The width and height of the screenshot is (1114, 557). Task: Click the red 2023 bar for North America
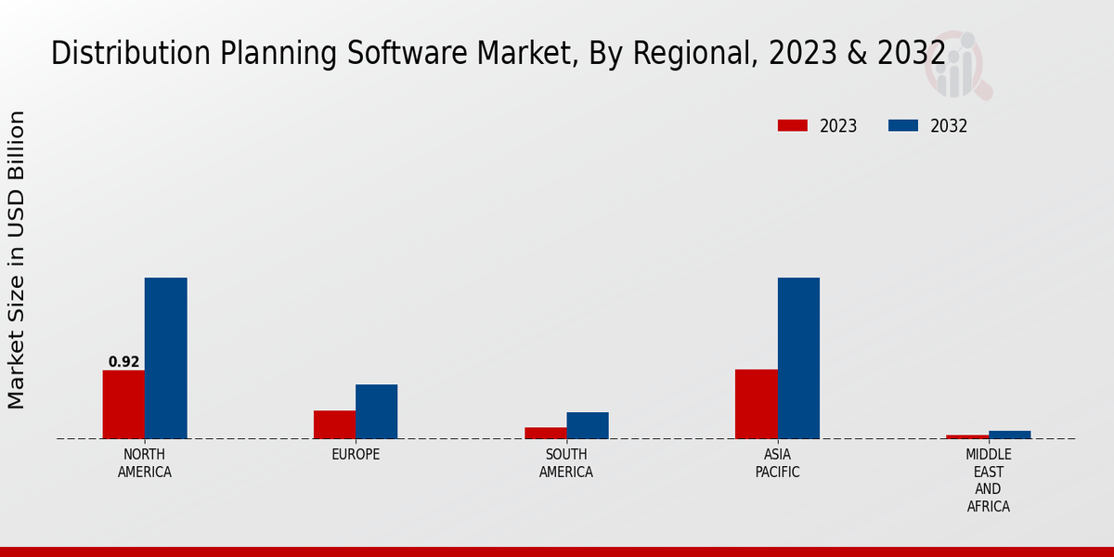(x=123, y=404)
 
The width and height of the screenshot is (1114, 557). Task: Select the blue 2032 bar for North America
(x=165, y=357)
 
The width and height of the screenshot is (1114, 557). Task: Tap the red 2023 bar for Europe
(x=334, y=424)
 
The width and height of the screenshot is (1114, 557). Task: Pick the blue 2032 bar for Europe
(x=376, y=411)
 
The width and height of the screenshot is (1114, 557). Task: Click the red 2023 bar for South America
(x=545, y=433)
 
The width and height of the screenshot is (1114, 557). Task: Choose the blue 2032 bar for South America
(x=588, y=425)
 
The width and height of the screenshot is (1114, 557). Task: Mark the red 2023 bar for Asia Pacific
(x=756, y=404)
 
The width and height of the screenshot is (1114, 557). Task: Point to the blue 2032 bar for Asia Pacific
(x=798, y=357)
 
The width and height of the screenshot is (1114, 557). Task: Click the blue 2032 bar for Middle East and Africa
(x=1009, y=434)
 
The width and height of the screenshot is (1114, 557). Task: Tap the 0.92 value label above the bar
(x=123, y=362)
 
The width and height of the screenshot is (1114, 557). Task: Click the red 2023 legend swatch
(x=793, y=125)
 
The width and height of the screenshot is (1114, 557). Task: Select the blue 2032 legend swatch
(x=903, y=125)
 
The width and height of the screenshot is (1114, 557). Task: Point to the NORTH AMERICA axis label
(x=145, y=463)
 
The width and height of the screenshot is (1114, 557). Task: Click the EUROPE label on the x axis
(x=356, y=455)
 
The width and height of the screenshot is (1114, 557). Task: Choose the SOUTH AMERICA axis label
(x=566, y=463)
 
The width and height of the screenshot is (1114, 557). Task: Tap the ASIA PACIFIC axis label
(x=777, y=463)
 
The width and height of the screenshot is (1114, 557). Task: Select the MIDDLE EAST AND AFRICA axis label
(x=988, y=480)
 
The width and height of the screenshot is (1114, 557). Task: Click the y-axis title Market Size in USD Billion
(x=17, y=260)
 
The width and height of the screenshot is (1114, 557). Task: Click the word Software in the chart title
(x=364, y=53)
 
